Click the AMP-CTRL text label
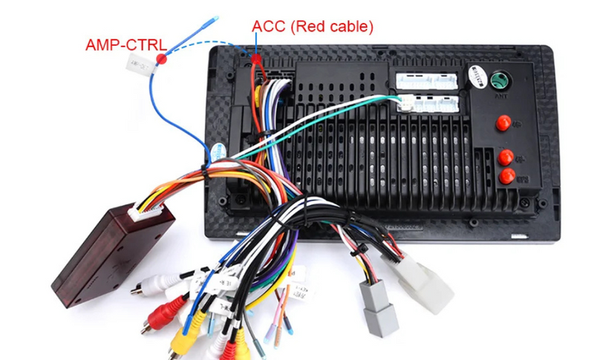[125, 44]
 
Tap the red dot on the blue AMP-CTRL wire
[161, 57]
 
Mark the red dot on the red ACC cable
[256, 59]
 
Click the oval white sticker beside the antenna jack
[476, 76]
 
